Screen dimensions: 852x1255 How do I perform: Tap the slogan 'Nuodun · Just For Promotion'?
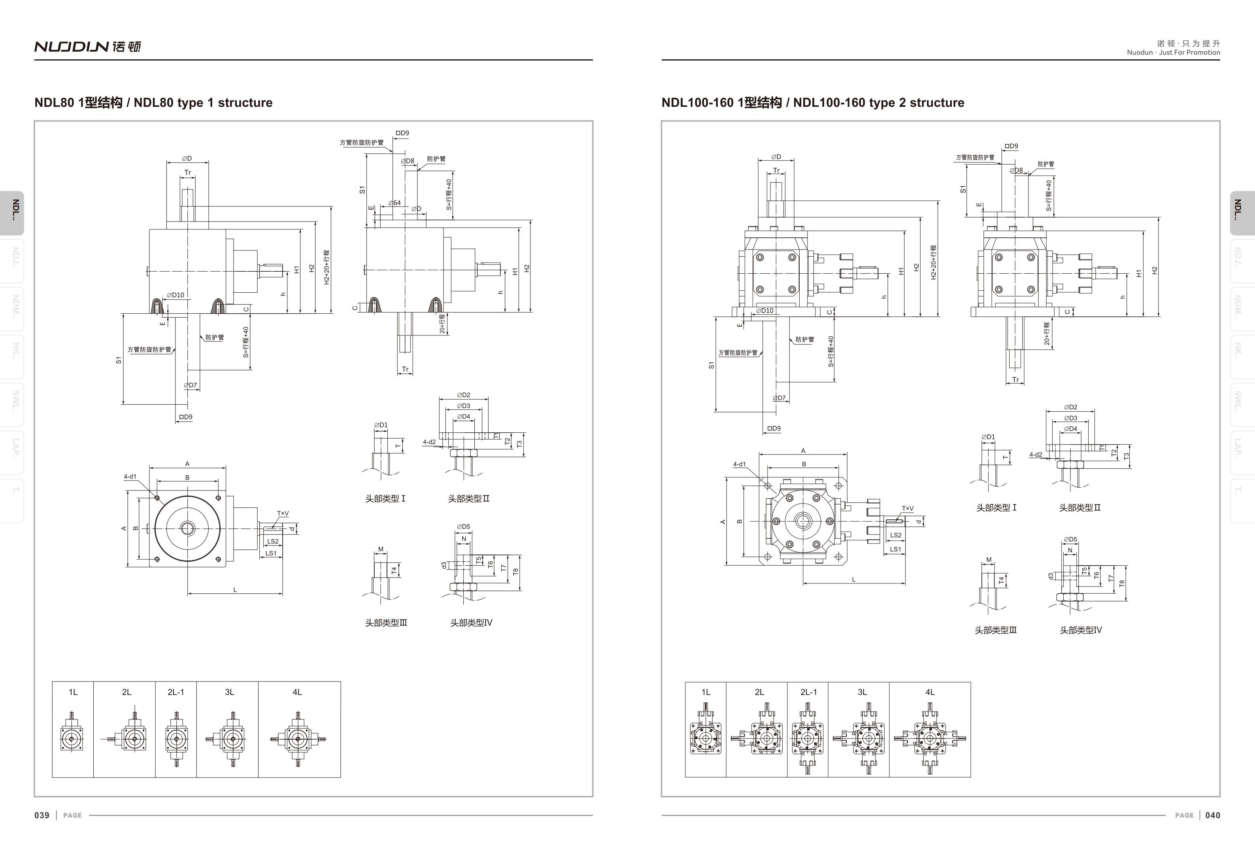click(1173, 52)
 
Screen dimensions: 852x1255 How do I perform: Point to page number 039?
click(42, 815)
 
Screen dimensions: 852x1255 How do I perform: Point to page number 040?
click(1212, 815)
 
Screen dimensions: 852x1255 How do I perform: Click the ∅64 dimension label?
click(395, 203)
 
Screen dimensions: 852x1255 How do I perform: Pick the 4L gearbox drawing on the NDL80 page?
click(298, 738)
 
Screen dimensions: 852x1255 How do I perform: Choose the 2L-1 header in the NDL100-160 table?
click(808, 692)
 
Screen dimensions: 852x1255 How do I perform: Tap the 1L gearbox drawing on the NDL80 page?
click(72, 735)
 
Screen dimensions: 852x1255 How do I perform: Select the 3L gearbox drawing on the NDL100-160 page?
click(862, 738)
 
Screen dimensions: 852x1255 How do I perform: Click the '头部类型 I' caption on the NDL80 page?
click(385, 499)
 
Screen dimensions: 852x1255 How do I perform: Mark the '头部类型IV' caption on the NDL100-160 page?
click(1081, 630)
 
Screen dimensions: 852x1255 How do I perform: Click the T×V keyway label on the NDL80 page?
click(283, 514)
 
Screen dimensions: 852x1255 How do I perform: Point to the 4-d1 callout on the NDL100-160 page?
click(739, 464)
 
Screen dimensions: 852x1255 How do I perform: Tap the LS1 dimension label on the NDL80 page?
click(270, 553)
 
